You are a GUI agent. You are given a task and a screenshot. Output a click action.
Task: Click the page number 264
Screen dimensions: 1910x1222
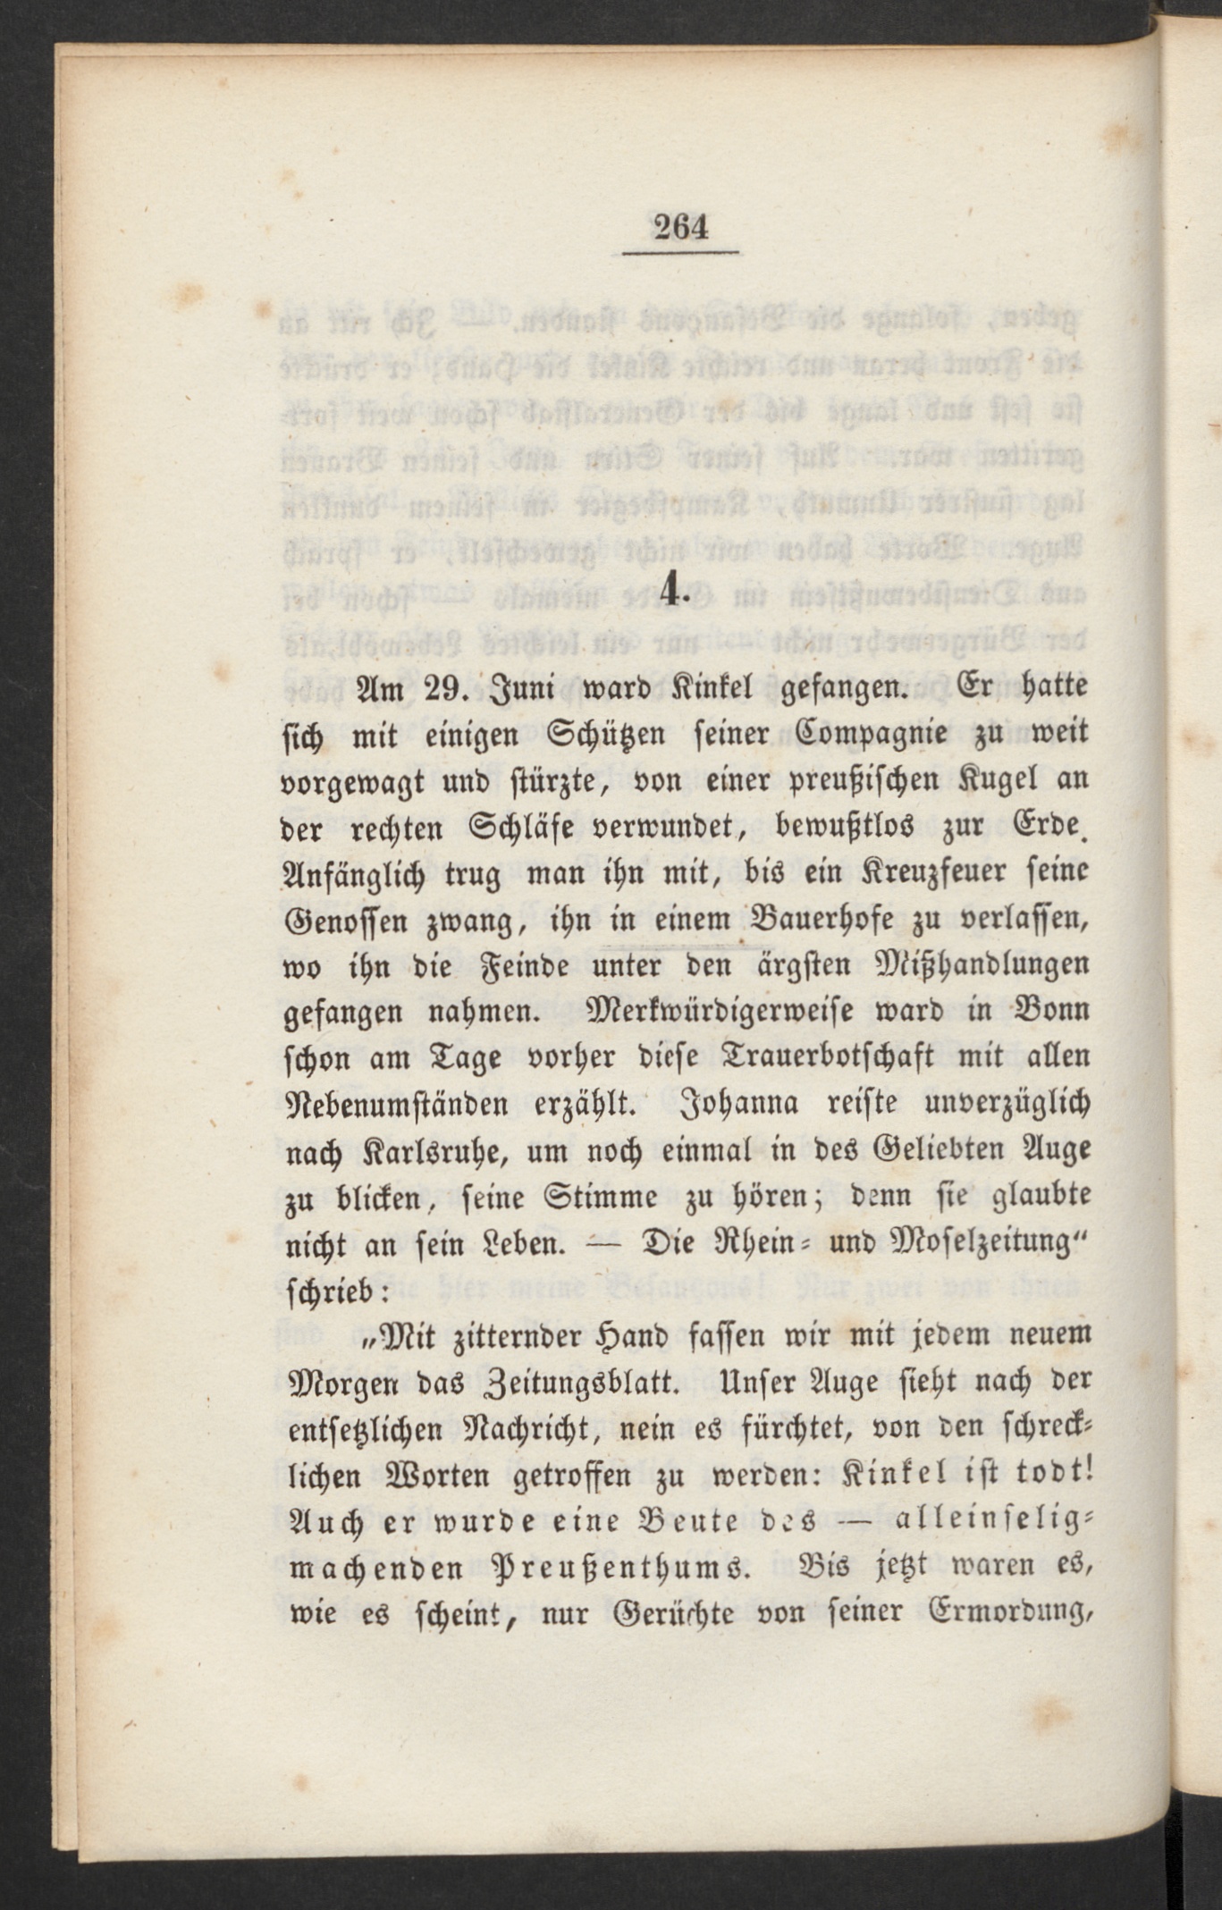click(x=681, y=228)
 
